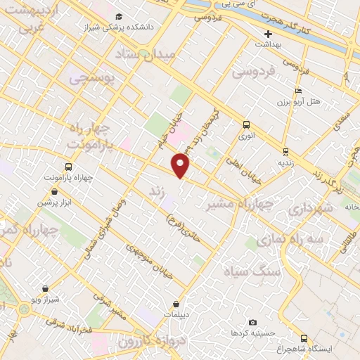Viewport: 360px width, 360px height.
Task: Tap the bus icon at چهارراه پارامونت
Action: tap(69, 167)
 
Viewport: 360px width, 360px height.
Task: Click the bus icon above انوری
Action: tap(245, 124)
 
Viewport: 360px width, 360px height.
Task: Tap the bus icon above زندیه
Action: tap(285, 152)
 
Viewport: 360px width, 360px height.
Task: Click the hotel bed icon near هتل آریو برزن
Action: tap(298, 91)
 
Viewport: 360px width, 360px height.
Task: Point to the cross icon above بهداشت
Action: tap(267, 34)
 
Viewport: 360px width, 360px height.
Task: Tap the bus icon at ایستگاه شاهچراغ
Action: tap(304, 338)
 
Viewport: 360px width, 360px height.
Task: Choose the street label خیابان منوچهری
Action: tap(148, 262)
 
